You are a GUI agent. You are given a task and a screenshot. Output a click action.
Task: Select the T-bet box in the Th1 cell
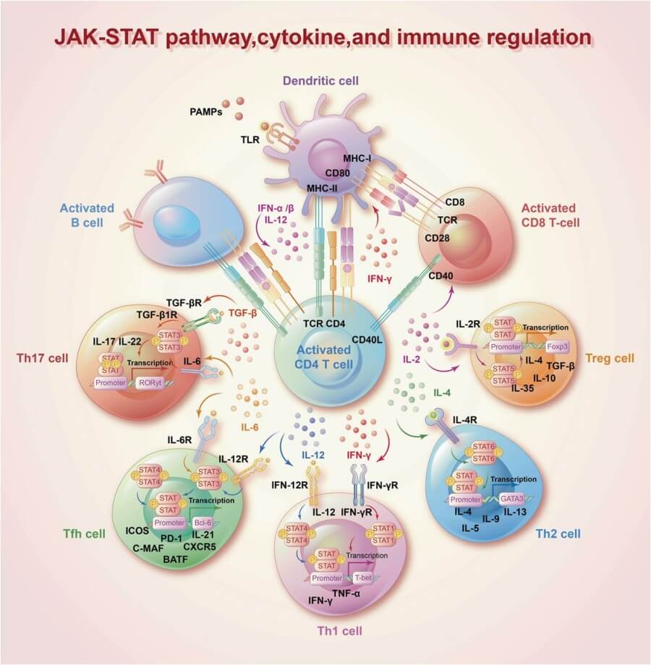point(366,578)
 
